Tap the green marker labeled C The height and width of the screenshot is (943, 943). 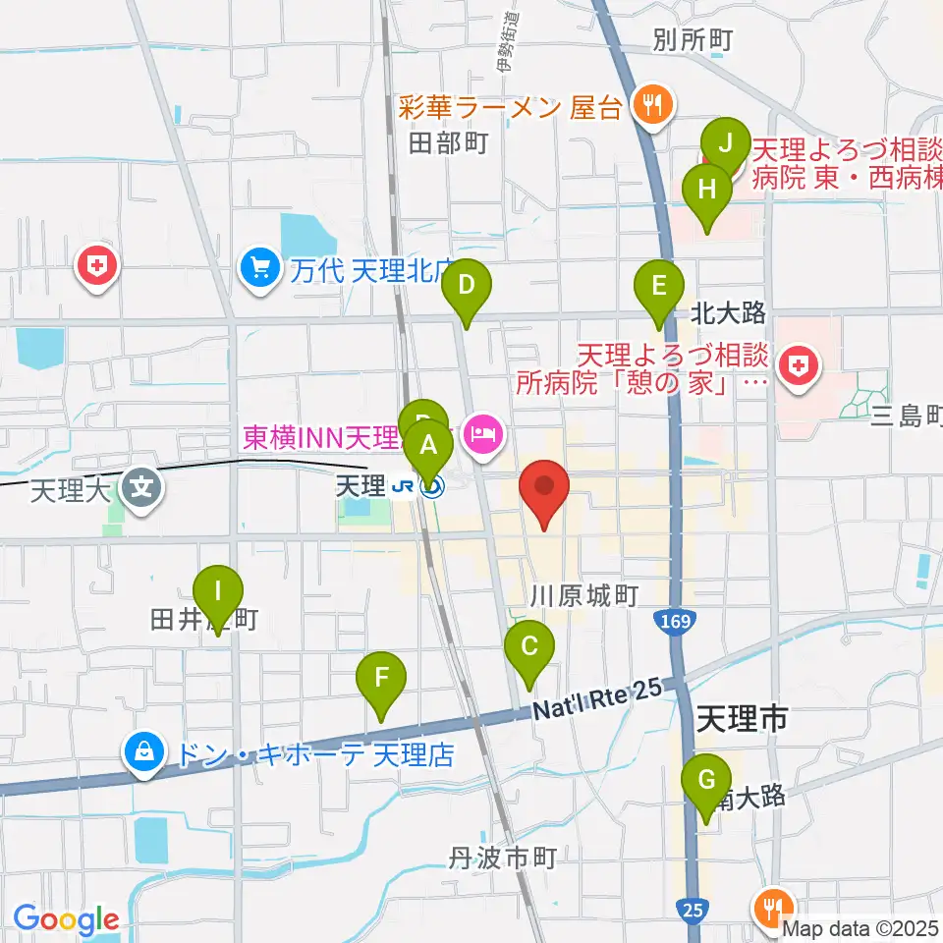click(529, 647)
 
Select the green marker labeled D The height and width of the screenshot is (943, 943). click(466, 286)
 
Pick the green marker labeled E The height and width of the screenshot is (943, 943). click(659, 287)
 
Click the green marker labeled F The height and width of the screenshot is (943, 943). click(382, 678)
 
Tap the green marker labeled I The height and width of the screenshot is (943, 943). click(218, 593)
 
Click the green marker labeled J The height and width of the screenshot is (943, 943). click(726, 143)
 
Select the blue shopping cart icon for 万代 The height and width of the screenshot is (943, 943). click(260, 267)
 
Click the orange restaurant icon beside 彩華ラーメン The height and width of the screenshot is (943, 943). click(649, 103)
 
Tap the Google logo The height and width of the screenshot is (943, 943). click(66, 920)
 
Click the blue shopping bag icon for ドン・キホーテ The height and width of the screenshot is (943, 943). click(144, 753)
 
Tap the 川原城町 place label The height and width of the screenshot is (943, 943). click(584, 594)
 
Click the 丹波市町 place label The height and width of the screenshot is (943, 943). click(504, 859)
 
